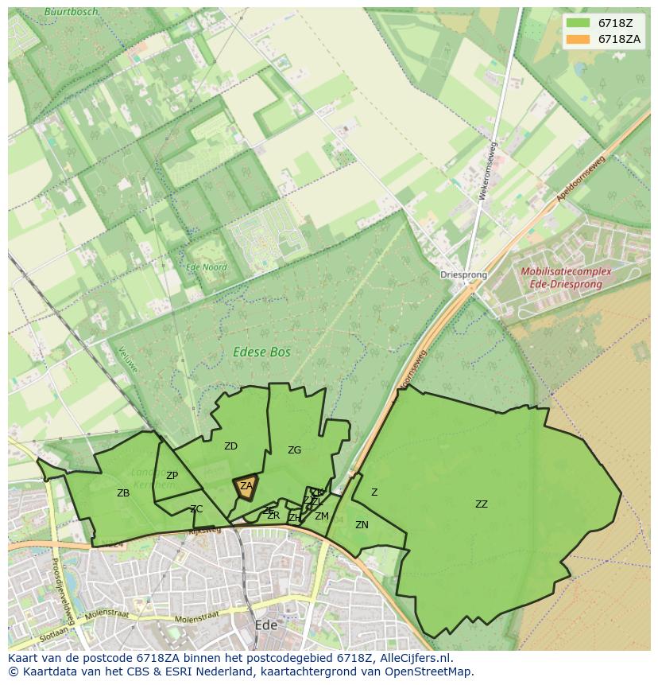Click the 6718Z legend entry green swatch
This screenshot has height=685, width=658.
[x=579, y=23]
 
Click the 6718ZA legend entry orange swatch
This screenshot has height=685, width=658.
[x=579, y=39]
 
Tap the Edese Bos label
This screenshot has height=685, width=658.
[x=261, y=352]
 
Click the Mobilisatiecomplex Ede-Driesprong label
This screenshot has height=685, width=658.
[x=566, y=278]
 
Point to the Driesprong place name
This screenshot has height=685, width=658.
[x=463, y=275]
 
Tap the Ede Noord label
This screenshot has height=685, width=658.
[x=206, y=268]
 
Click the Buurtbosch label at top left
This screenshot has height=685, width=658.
[x=72, y=12]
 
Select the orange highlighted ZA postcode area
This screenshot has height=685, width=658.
[x=246, y=488]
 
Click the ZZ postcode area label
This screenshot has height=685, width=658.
[x=482, y=504]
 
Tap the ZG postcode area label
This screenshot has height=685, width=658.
[x=294, y=450]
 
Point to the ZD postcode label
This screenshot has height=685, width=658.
[x=230, y=446]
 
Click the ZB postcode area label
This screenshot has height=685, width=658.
[x=123, y=493]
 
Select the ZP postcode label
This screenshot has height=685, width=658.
[x=172, y=476]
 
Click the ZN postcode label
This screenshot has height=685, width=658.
[x=362, y=525]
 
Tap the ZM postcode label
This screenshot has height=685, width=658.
[x=321, y=516]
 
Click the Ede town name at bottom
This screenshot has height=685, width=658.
[x=266, y=625]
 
